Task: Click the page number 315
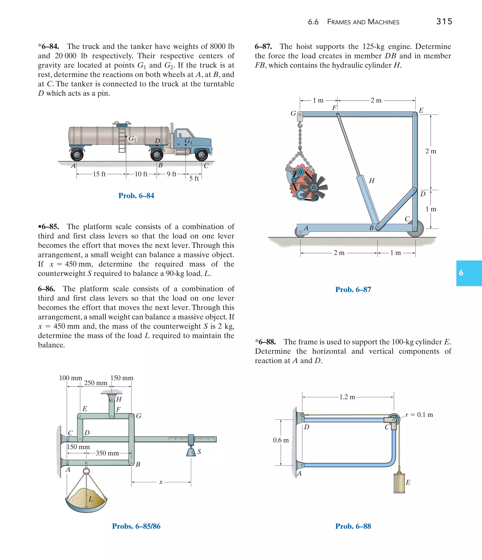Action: (x=444, y=21)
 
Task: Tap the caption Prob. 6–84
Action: (x=136, y=196)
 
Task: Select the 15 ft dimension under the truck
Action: (x=99, y=174)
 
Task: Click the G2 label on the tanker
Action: (x=132, y=139)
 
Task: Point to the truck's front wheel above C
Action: (x=201, y=155)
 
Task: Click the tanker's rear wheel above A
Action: (x=77, y=155)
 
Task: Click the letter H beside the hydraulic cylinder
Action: (x=372, y=181)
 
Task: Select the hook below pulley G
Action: (x=300, y=125)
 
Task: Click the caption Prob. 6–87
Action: (x=353, y=290)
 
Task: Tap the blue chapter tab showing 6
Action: (x=469, y=273)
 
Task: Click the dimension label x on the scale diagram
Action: (x=161, y=482)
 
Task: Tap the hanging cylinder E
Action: (x=399, y=483)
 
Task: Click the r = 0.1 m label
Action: (x=419, y=415)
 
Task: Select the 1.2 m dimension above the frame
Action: (x=347, y=397)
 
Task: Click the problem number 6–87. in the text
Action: (x=263, y=46)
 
